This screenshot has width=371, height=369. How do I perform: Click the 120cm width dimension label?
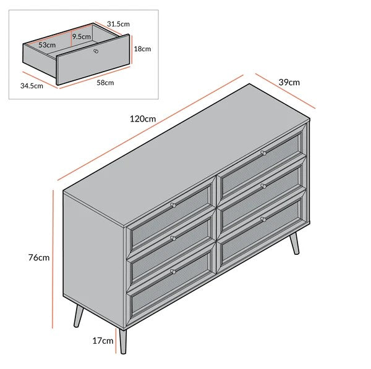[x=143, y=118]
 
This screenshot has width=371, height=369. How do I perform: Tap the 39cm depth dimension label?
[x=289, y=82]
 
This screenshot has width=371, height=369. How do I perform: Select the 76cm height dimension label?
[x=39, y=257]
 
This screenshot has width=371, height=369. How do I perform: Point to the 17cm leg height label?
[x=103, y=339]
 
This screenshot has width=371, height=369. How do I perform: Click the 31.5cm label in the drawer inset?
[x=118, y=23]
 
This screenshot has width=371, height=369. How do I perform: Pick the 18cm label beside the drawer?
[x=142, y=48]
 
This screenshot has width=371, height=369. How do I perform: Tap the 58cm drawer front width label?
[x=104, y=82]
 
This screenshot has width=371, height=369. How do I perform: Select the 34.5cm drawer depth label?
[x=32, y=86]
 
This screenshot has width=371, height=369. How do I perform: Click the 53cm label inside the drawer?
[x=48, y=45]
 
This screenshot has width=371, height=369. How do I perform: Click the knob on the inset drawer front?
[x=96, y=51]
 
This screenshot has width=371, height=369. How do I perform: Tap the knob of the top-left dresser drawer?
[x=173, y=204]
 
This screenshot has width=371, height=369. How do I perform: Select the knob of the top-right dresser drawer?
[x=263, y=152]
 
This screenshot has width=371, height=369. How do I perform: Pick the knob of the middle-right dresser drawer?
[x=263, y=184]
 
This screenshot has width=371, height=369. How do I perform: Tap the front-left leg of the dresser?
[x=124, y=340]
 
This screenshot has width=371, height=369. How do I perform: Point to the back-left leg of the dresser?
[x=78, y=317]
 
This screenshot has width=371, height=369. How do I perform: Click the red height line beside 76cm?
[x=54, y=257]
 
